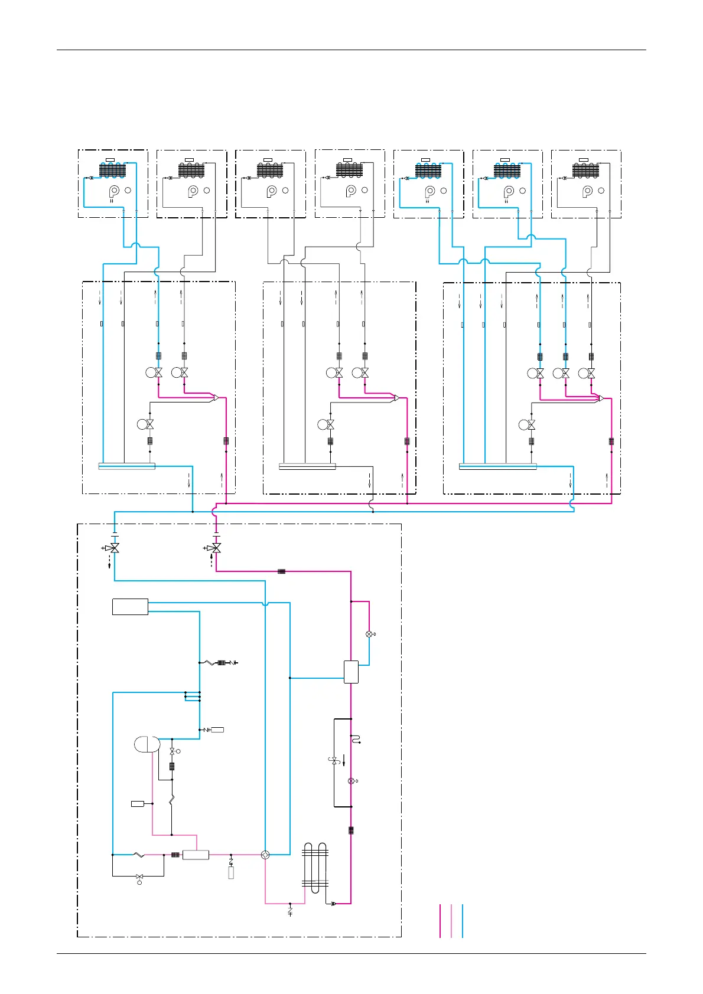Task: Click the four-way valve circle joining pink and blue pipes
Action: tap(265, 855)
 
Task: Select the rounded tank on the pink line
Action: tap(147, 744)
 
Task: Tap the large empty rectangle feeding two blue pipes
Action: tap(130, 607)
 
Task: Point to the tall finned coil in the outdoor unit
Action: tap(315, 868)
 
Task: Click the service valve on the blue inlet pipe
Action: tap(115, 548)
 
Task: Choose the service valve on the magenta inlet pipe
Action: tap(216, 548)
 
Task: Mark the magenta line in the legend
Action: tap(440, 921)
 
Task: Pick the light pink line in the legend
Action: tap(451, 921)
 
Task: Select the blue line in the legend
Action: tap(463, 921)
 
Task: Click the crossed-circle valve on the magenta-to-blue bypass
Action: tap(369, 634)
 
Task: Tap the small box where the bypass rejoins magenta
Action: tap(351, 672)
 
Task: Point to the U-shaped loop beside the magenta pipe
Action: tap(355, 738)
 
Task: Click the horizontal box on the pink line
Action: tap(196, 855)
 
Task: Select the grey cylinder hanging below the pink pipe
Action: tap(231, 873)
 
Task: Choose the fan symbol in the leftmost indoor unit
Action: tap(114, 191)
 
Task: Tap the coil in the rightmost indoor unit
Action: tap(585, 170)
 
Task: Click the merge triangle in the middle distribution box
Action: tap(396, 398)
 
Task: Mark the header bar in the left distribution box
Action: tap(126, 466)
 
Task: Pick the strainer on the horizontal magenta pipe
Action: tap(282, 571)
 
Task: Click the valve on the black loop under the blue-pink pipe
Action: tap(139, 877)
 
